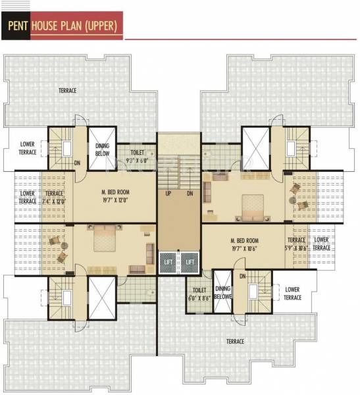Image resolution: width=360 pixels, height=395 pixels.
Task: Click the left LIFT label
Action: coord(168,262)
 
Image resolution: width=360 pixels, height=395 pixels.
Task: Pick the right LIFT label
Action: coord(190,262)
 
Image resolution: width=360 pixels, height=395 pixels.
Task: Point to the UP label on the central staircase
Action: coord(168,194)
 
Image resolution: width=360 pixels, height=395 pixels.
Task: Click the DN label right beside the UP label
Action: coord(190,194)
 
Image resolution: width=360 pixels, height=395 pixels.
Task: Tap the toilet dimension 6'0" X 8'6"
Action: coord(199,298)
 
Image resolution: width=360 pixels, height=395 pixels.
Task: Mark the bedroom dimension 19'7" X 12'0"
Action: coord(115,199)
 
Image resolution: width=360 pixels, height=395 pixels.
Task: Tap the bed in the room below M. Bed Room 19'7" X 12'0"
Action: coord(104,238)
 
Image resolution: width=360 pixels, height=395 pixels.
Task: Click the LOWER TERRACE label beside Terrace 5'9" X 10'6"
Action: coord(321,244)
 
